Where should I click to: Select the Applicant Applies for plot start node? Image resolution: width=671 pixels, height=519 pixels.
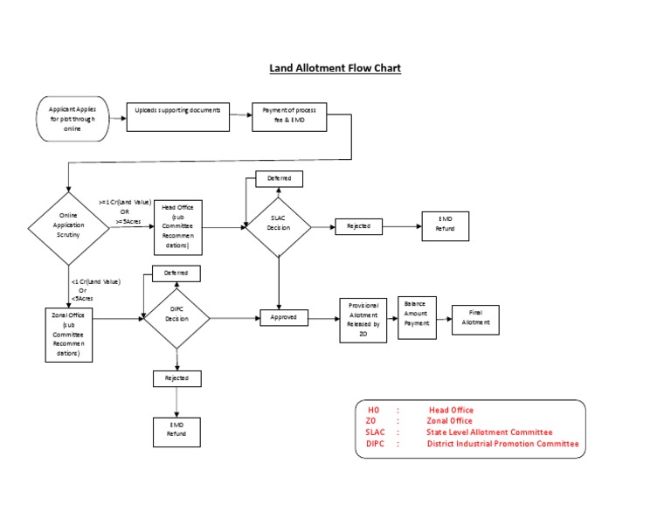click(73, 118)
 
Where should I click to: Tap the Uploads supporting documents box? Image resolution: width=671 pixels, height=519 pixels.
click(178, 117)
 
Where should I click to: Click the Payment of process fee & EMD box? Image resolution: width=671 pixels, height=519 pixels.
click(290, 117)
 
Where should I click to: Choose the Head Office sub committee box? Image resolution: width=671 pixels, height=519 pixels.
click(178, 227)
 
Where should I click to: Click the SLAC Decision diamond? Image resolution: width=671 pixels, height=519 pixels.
click(278, 227)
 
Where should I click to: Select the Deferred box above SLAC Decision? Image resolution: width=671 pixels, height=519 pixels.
click(279, 178)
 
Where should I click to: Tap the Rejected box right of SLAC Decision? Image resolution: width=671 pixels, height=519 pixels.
click(358, 227)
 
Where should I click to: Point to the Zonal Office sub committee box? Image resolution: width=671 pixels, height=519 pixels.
click(67, 334)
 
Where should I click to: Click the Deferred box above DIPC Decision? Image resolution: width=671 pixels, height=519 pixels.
click(176, 273)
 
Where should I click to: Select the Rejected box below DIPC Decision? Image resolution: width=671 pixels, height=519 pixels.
click(176, 378)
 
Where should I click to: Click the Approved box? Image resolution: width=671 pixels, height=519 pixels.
click(284, 319)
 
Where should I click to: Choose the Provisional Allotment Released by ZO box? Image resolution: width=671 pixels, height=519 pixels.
click(363, 319)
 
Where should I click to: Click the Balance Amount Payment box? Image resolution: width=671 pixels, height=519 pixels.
click(416, 316)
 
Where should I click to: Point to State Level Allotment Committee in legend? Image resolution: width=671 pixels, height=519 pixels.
click(489, 432)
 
